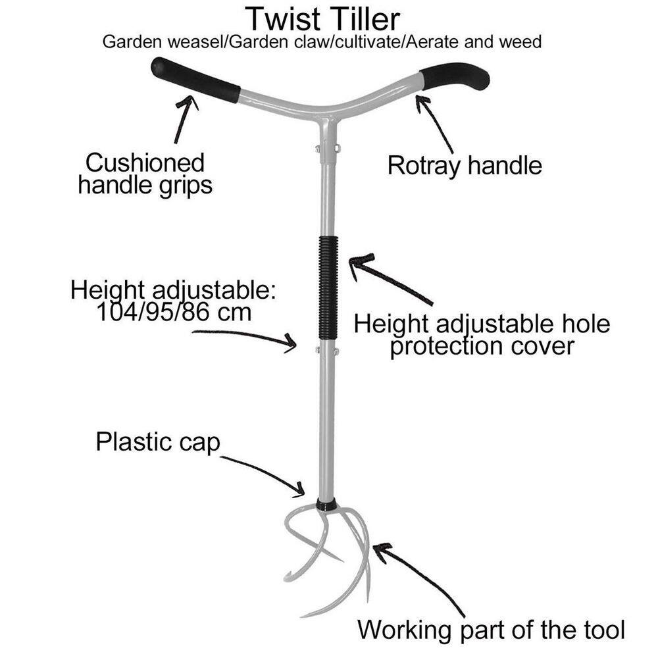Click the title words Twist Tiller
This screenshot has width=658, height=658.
click(x=322, y=18)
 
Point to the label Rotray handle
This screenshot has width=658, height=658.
click(x=464, y=165)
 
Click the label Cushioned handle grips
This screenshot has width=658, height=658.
click(x=145, y=174)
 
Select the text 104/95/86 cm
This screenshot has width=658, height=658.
click(x=174, y=311)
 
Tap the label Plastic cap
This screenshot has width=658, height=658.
click(x=157, y=442)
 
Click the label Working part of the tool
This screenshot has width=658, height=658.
click(x=491, y=630)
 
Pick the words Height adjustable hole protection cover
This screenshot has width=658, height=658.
click(x=482, y=335)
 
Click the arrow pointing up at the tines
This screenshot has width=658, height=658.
click(x=421, y=579)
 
